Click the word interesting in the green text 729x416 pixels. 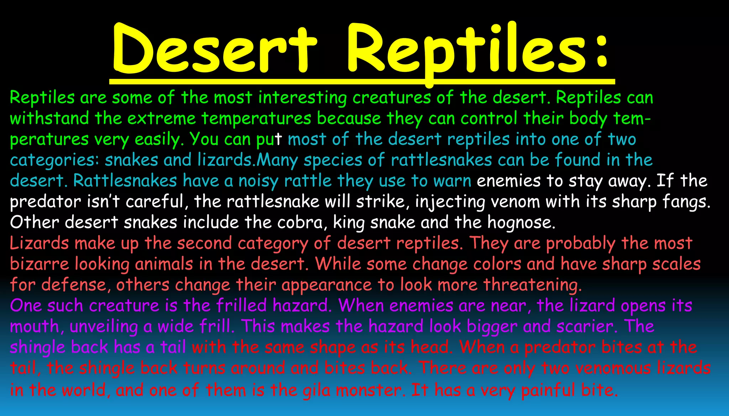pyautogui.click(x=303, y=98)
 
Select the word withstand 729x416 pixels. pyautogui.click(x=49, y=118)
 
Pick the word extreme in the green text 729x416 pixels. pyautogui.click(x=162, y=118)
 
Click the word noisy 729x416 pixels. pyautogui.click(x=258, y=181)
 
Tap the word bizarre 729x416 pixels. pyautogui.click(x=39, y=264)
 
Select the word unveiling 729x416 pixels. pyautogui.click(x=103, y=327)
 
